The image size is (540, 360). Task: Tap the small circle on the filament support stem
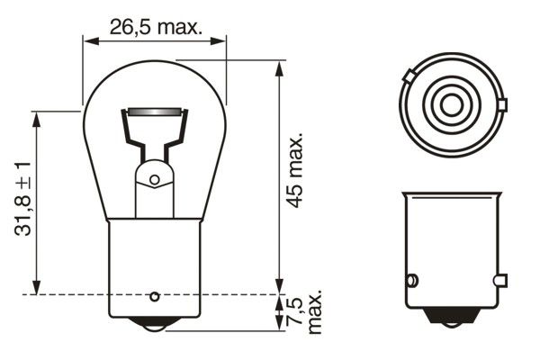point(154,180)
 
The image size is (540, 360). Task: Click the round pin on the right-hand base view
point(413,279)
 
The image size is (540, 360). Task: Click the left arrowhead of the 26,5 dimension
point(87,40)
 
